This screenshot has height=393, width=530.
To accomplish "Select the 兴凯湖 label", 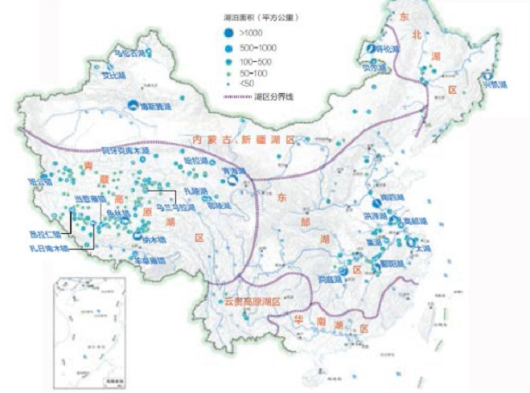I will [x=491, y=84].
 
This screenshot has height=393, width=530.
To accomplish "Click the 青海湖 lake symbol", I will [x=232, y=182].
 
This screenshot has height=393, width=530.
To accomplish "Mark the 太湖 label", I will [x=423, y=250].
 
